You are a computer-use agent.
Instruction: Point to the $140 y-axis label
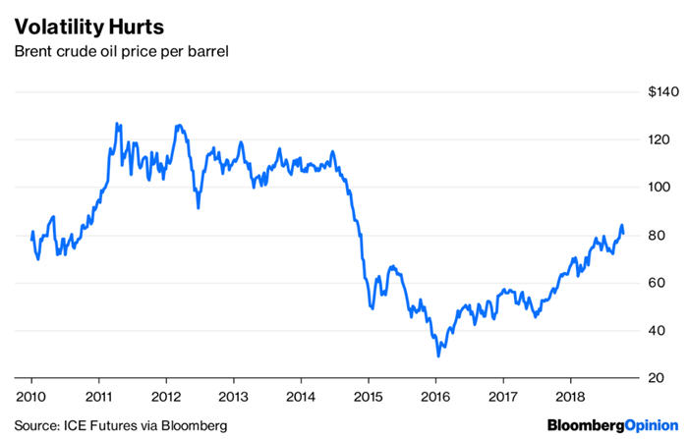tap(662, 92)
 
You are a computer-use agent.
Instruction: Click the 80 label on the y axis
tap(667, 235)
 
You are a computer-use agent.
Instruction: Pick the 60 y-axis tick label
tap(667, 283)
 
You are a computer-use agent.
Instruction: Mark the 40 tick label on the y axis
tap(667, 330)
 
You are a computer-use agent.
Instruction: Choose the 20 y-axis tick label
tap(667, 378)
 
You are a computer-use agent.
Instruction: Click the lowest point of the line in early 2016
tap(438, 356)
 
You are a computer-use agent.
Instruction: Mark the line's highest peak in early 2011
tap(117, 124)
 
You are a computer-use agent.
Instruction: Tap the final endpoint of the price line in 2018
tap(623, 236)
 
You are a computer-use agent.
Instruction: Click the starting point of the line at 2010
tap(31, 240)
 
